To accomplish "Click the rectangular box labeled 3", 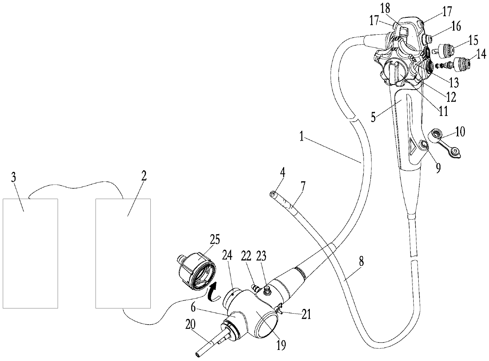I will tap(30, 253).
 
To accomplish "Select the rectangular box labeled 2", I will tap(123, 253).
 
